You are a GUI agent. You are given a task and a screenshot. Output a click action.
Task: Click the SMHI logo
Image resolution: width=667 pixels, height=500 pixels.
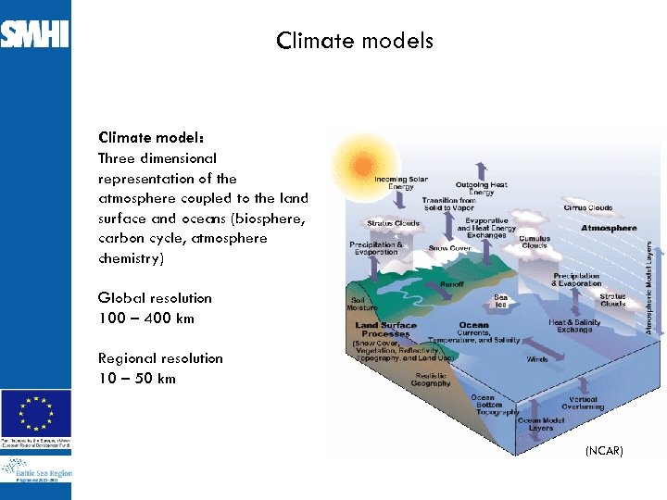pyautogui.click(x=34, y=34)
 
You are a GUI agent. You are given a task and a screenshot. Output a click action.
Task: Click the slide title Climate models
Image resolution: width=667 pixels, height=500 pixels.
pyautogui.click(x=354, y=41)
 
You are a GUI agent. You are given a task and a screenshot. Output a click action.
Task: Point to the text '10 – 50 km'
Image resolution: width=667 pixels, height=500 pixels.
pyautogui.click(x=136, y=379)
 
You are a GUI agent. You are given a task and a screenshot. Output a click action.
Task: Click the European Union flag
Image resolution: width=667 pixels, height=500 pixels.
pyautogui.click(x=36, y=411)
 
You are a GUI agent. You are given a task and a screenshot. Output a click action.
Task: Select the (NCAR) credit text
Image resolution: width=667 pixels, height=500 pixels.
pyautogui.click(x=603, y=450)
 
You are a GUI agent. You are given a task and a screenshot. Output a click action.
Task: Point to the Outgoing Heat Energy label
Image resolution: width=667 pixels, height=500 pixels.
pyautogui.click(x=481, y=188)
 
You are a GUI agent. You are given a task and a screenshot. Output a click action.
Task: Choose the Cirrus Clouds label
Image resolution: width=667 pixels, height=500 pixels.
pyautogui.click(x=587, y=208)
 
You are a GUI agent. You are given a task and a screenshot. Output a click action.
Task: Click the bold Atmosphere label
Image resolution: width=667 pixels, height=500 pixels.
pyautogui.click(x=609, y=228)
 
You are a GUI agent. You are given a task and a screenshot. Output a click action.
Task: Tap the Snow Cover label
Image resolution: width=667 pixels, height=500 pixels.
pyautogui.click(x=449, y=248)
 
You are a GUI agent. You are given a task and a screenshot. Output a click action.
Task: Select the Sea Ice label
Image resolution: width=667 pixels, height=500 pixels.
pyautogui.click(x=501, y=301)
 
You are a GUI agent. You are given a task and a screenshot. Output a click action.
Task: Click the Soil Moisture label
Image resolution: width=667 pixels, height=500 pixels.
pyautogui.click(x=362, y=304)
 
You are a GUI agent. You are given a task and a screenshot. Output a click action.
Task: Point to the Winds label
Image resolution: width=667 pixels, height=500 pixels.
pyautogui.click(x=537, y=359)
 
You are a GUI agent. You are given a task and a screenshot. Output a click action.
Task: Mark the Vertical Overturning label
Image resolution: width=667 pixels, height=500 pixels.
pyautogui.click(x=582, y=403)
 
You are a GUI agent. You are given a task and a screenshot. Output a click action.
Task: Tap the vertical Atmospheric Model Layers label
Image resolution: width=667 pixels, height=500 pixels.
pyautogui.click(x=649, y=287)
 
